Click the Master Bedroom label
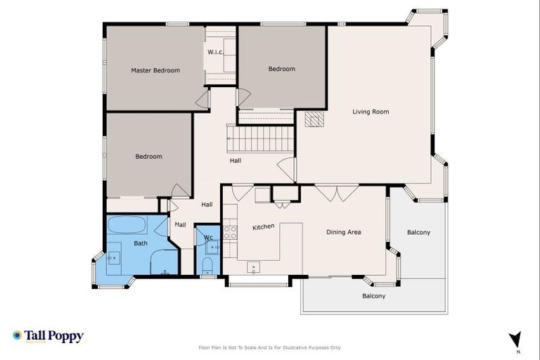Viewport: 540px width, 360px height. pos(155,70)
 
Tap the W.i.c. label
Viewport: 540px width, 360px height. pos(215,52)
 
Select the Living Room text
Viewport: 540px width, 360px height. pos(371,112)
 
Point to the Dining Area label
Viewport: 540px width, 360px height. pos(343,232)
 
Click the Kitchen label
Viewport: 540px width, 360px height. pos(263,227)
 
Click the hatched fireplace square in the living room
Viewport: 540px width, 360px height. pos(315,120)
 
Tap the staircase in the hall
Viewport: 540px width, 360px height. pos(259,138)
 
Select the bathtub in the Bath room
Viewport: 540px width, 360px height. pos(127,226)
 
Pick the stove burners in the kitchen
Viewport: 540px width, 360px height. pos(229,232)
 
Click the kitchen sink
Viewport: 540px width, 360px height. pos(253,267)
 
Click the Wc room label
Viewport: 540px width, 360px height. pos(208,238)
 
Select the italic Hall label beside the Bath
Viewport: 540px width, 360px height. pos(181,224)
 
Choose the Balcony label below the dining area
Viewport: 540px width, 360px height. pos(373,296)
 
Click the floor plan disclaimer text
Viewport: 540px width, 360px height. pos(270,347)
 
